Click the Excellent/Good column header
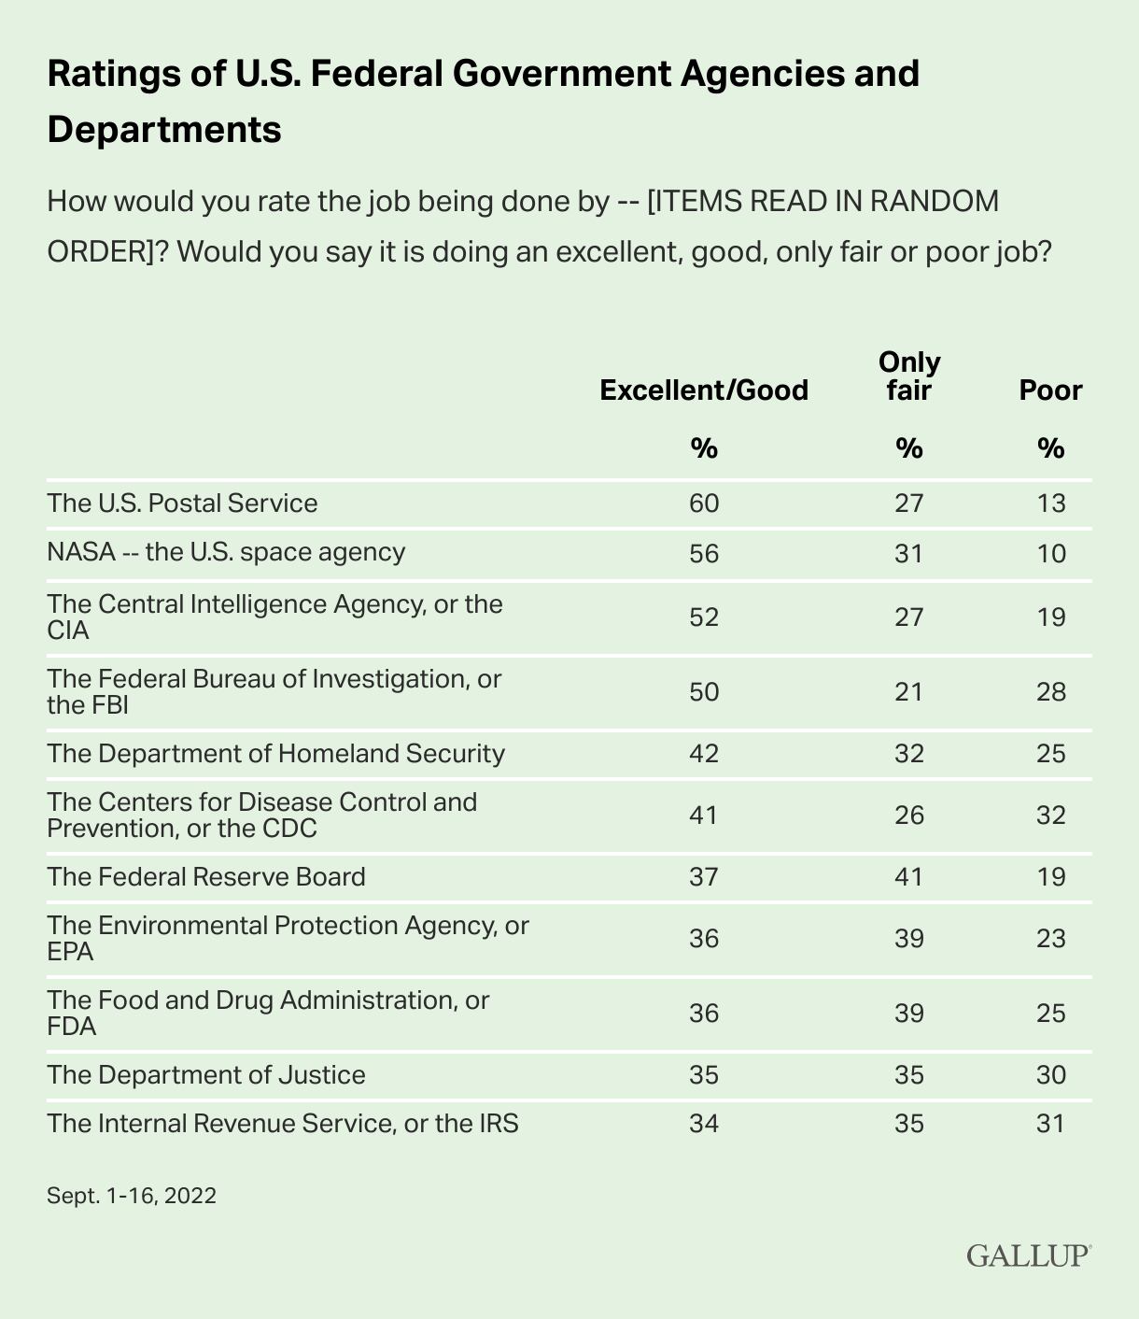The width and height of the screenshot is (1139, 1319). pyautogui.click(x=704, y=390)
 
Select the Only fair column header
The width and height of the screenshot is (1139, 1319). pyautogui.click(x=909, y=376)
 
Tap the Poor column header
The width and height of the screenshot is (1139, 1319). pyautogui.click(x=1050, y=390)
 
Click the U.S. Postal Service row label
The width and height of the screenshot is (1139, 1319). pyautogui.click(x=182, y=503)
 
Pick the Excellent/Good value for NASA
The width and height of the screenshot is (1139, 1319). pyautogui.click(x=704, y=553)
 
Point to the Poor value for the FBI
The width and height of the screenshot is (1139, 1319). pyautogui.click(x=1050, y=692)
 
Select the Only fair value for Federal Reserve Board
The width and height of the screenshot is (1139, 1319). pyautogui.click(x=909, y=877)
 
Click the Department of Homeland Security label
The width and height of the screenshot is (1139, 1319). pyautogui.click(x=275, y=753)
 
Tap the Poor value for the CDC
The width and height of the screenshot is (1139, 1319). pyautogui.click(x=1050, y=816)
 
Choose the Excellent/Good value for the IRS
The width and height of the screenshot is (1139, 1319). pyautogui.click(x=704, y=1122)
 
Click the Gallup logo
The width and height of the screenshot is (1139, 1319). pyautogui.click(x=1028, y=1255)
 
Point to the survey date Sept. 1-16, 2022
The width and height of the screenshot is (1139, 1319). pyautogui.click(x=132, y=1195)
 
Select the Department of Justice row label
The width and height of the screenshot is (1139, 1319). pyautogui.click(x=206, y=1074)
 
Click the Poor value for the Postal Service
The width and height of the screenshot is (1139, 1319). pyautogui.click(x=1050, y=503)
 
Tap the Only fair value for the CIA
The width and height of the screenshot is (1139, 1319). pyautogui.click(x=909, y=617)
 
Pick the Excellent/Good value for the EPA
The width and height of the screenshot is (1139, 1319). pyautogui.click(x=704, y=938)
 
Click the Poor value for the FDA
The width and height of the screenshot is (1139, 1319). pyautogui.click(x=1050, y=1014)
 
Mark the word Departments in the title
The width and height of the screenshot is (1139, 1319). pyautogui.click(x=164, y=129)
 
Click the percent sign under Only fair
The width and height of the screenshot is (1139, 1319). pyautogui.click(x=909, y=449)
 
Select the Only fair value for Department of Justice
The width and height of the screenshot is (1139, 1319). pyautogui.click(x=909, y=1075)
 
